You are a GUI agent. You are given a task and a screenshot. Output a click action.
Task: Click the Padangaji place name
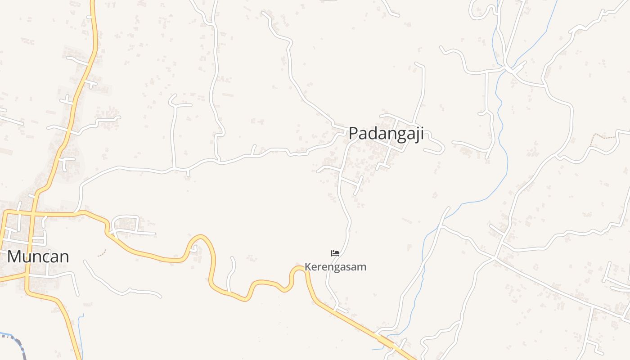click(x=386, y=134)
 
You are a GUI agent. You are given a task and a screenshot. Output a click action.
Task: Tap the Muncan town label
click(x=38, y=256)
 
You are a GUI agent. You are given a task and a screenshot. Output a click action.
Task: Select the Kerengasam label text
click(x=335, y=267)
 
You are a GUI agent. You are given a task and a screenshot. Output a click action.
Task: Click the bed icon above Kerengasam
click(x=335, y=253)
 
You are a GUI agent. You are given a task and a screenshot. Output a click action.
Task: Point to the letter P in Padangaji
click(x=353, y=133)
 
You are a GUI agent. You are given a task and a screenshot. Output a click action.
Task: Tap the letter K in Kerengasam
click(x=308, y=267)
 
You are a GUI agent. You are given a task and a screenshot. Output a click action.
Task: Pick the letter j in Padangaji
click(x=417, y=135)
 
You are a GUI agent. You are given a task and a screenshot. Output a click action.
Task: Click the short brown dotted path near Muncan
click(x=102, y=253)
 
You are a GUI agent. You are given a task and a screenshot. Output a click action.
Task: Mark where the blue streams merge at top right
click(x=507, y=67)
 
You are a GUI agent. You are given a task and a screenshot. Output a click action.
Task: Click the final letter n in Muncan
click(x=64, y=257)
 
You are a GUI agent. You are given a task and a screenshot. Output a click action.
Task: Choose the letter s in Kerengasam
click(x=350, y=267)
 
